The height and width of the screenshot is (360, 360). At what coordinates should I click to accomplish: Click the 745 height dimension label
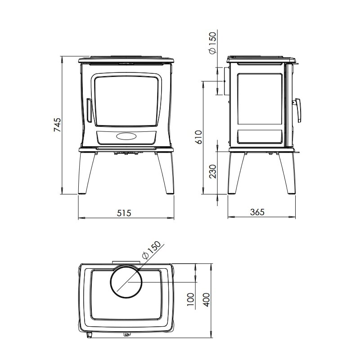(57, 125)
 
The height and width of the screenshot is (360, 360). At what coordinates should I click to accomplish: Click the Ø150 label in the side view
(213, 43)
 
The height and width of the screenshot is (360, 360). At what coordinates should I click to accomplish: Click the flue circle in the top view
(126, 282)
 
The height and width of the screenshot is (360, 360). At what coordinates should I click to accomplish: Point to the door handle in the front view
(90, 111)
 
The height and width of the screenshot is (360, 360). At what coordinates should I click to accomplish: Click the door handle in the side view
(298, 110)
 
